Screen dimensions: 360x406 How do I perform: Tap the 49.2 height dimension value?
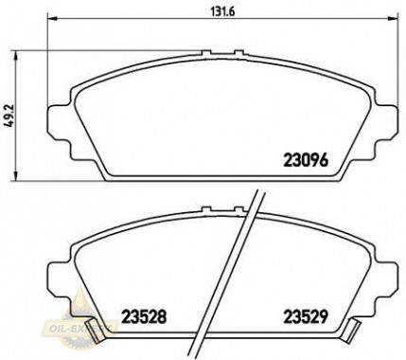10,121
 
